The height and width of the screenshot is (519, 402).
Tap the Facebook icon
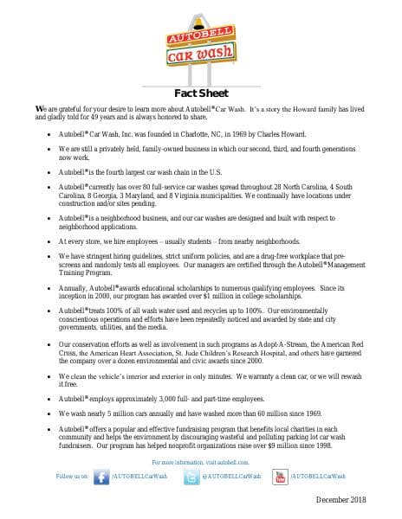click(x=102, y=477)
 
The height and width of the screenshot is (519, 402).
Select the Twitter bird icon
click(x=190, y=477)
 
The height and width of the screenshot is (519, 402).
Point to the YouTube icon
click(x=279, y=477)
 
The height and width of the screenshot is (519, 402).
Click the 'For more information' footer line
click(x=200, y=464)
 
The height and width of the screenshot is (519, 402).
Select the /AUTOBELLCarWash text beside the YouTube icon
click(x=318, y=477)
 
